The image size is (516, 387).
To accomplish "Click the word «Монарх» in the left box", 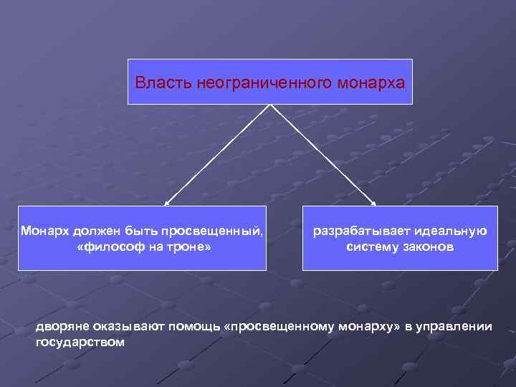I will tap(44, 231).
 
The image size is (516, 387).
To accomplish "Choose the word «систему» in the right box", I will tap(371, 247).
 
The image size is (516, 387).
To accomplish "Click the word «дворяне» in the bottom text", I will tap(61, 327).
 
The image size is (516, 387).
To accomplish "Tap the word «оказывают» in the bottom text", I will tap(128, 327).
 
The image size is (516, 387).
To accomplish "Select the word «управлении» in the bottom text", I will tap(457, 327).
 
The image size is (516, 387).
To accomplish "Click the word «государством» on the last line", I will tap(80, 342).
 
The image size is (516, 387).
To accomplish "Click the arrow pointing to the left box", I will tap(215, 156).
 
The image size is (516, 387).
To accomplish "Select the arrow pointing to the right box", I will tap(322, 156).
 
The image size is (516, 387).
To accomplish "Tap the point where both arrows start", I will tap(269, 106).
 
